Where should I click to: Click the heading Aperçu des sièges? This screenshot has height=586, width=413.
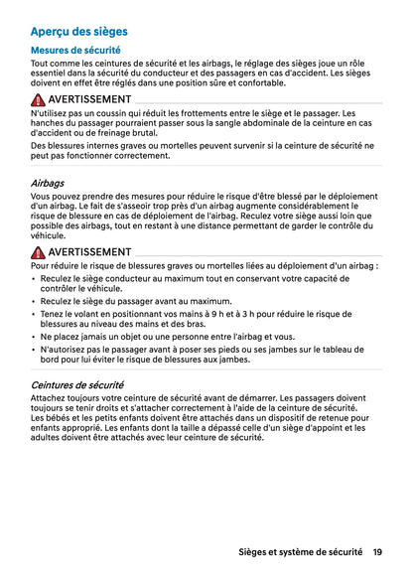click(x=78, y=32)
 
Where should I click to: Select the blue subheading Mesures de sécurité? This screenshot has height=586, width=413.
click(x=75, y=50)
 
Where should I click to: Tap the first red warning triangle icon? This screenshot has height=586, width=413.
click(x=39, y=100)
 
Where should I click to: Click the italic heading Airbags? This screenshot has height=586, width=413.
click(x=48, y=184)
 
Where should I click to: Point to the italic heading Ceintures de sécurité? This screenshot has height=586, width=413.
click(x=77, y=384)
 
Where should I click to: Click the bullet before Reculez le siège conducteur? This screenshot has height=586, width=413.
click(x=35, y=279)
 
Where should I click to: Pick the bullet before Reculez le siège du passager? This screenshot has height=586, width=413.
click(x=35, y=301)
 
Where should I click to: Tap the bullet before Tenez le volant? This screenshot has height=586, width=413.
click(x=35, y=314)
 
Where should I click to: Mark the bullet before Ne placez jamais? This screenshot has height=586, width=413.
click(x=35, y=337)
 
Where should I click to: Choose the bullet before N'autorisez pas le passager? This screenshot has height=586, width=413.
click(x=35, y=350)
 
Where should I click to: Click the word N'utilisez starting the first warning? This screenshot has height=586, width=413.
click(x=50, y=114)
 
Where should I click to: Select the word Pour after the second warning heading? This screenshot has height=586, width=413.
click(x=42, y=266)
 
